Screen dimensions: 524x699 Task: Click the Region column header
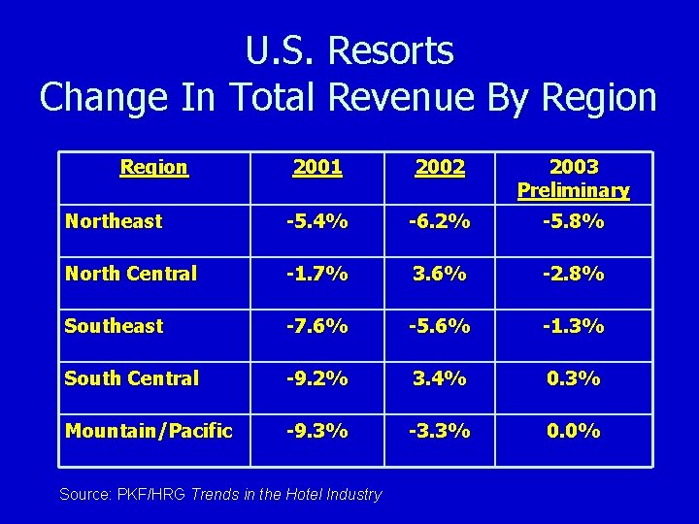[x=153, y=167]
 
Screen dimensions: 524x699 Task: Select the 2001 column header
[x=317, y=167]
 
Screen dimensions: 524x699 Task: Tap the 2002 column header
[x=439, y=167]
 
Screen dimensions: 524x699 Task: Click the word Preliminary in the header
[x=573, y=190]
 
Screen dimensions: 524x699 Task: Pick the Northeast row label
[x=113, y=221]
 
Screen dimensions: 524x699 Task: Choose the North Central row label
[x=130, y=274]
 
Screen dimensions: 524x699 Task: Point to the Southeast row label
[x=114, y=326]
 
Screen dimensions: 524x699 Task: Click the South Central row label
[x=131, y=378]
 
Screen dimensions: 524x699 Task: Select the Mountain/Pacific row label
[x=149, y=431]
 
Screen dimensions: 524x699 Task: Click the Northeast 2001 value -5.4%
[x=317, y=221]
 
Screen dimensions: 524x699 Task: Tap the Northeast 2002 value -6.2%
[x=439, y=221]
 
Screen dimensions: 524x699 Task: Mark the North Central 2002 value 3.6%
[x=439, y=274]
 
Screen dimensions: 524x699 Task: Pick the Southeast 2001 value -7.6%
[x=317, y=326]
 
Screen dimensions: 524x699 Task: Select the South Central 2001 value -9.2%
[x=317, y=378]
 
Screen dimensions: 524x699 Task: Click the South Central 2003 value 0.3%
[x=573, y=378]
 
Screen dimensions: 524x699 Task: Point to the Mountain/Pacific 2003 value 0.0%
[x=573, y=431]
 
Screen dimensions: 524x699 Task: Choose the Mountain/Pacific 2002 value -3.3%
[x=439, y=431]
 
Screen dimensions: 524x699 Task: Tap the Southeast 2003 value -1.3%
[x=573, y=326]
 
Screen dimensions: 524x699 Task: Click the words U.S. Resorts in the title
[x=349, y=50]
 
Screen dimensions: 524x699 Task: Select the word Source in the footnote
[x=84, y=494]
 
